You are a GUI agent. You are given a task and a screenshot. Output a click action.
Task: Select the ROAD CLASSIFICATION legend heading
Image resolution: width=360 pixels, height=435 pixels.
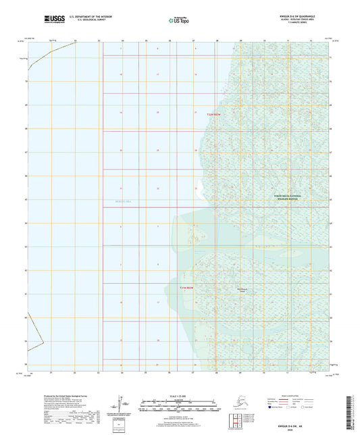tap(288, 396)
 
